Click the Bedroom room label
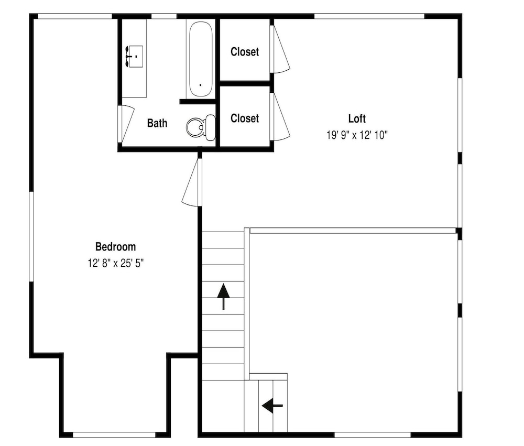click(116, 247)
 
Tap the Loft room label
click(357, 118)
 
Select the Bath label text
click(157, 123)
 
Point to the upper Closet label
click(245, 52)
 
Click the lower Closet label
click(245, 118)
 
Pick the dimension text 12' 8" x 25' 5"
click(116, 264)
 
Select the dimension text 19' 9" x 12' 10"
click(357, 135)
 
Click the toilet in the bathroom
click(201, 127)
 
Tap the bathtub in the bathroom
click(201, 59)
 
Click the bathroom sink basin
click(135, 57)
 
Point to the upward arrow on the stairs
click(223, 297)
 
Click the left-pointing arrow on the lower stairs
click(272, 406)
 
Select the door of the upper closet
click(279, 49)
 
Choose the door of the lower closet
click(279, 116)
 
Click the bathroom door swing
click(126, 124)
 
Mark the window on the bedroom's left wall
click(31, 236)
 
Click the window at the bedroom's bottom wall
click(114, 435)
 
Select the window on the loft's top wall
click(369, 16)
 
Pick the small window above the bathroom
click(163, 16)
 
